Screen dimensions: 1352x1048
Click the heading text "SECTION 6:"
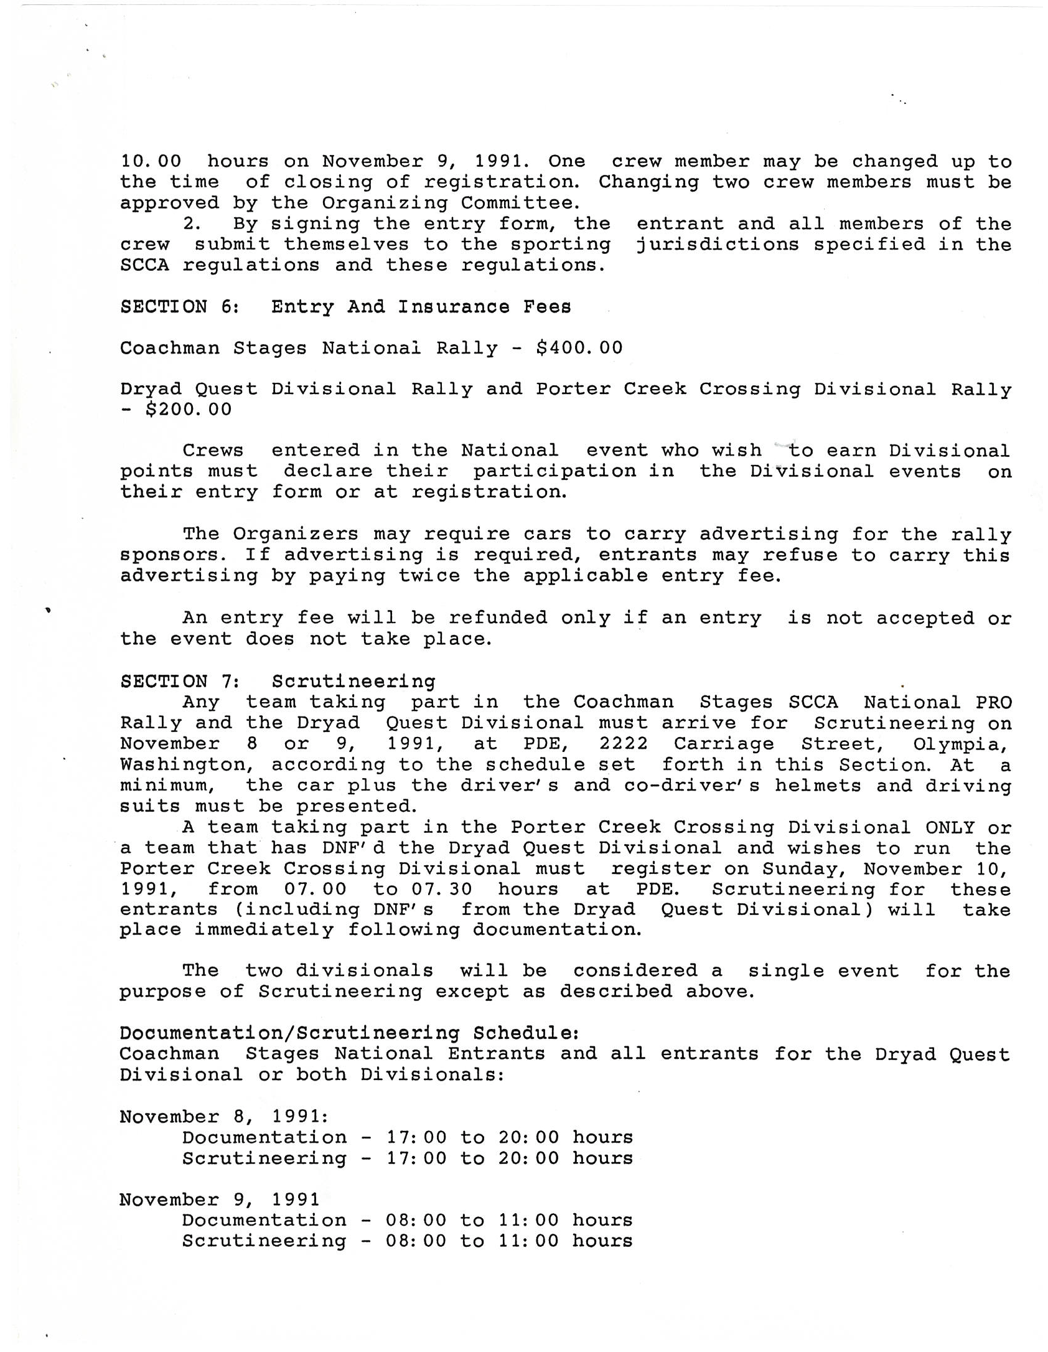[x=180, y=306]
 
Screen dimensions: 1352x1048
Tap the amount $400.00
[x=579, y=347]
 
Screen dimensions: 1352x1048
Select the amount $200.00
[x=188, y=410]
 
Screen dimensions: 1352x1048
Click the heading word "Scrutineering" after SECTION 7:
[x=353, y=681]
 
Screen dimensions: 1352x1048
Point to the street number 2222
[x=624, y=743]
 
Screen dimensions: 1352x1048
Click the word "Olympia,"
[x=960, y=744]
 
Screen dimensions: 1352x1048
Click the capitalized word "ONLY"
[x=950, y=827]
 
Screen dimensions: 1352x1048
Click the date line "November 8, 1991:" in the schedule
[x=218, y=1117]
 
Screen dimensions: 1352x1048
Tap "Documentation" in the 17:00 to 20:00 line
[x=264, y=1137]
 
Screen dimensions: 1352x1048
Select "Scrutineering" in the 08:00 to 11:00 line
[x=264, y=1241]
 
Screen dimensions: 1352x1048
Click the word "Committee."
[x=520, y=203]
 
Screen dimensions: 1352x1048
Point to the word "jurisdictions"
[x=718, y=244]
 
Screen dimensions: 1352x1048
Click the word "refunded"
[x=498, y=617]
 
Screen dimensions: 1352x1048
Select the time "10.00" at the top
[x=151, y=161]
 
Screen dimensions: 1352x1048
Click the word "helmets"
[x=818, y=786]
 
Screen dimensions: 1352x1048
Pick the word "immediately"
[x=264, y=930]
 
